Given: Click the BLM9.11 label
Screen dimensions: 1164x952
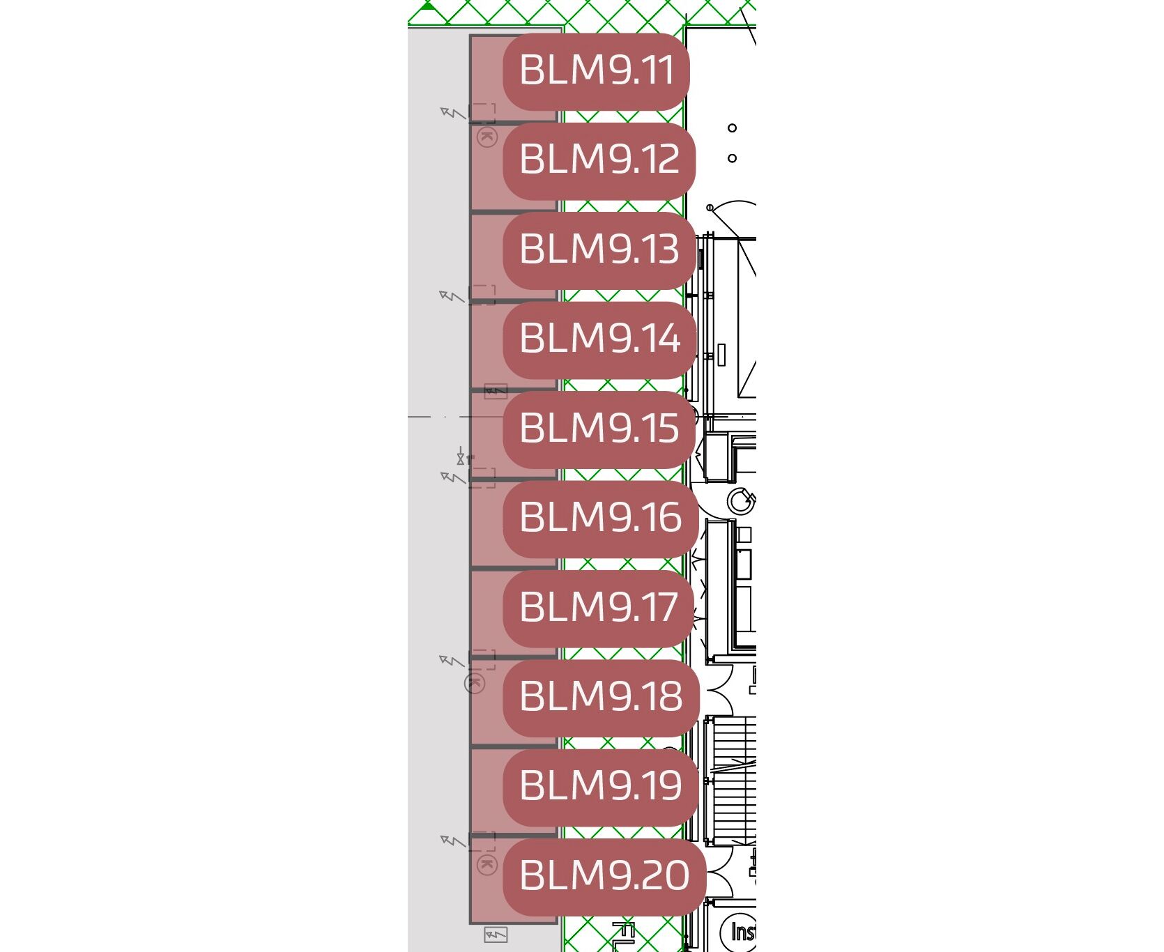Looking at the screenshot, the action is [x=596, y=72].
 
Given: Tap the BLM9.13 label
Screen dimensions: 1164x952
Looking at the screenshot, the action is [x=599, y=250].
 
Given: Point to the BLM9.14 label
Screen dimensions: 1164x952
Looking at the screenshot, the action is [x=599, y=340].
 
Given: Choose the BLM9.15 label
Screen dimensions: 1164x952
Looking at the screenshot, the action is [x=599, y=429].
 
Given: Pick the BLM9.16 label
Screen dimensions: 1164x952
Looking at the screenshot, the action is [x=601, y=519].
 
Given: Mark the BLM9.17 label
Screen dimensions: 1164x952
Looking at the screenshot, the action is [x=599, y=608].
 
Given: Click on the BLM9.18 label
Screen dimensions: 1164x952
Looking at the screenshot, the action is [x=601, y=698].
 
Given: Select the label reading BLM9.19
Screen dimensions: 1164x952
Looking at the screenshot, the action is [x=601, y=787].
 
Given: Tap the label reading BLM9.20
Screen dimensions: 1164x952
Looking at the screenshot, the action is [x=604, y=877].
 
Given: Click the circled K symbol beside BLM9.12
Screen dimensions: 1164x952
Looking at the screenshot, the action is [x=487, y=137].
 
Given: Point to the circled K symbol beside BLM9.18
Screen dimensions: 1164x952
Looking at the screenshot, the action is [x=475, y=683].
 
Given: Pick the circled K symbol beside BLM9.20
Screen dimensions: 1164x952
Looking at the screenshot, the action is [x=487, y=866].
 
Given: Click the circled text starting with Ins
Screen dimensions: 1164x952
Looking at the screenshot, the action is [x=738, y=932].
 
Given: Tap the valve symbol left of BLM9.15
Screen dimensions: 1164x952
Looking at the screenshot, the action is [x=461, y=458].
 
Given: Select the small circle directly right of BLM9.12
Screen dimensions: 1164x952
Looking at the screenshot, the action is [x=732, y=158].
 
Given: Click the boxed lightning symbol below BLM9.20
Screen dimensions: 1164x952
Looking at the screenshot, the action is [x=496, y=935].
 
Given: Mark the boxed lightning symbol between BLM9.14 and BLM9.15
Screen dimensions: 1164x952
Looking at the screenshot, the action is [x=496, y=391].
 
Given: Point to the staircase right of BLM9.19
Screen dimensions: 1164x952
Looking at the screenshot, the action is [x=730, y=780].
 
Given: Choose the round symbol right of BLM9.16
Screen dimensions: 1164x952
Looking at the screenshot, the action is [x=741, y=500].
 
